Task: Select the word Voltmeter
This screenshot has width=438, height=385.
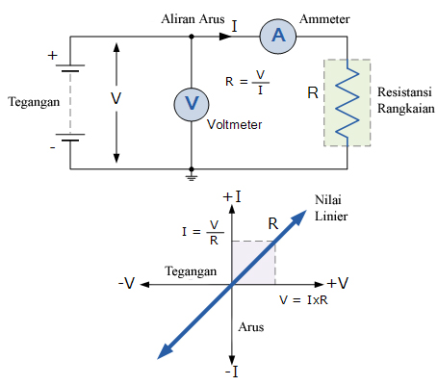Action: [235, 124]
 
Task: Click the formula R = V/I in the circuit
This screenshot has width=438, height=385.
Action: [245, 85]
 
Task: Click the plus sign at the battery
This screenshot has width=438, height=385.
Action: [52, 55]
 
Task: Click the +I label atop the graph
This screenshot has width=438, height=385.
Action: [231, 198]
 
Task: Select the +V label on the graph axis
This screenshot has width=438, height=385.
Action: [337, 284]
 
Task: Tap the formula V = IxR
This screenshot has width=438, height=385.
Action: [303, 301]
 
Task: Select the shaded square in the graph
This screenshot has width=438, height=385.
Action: [254, 262]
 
